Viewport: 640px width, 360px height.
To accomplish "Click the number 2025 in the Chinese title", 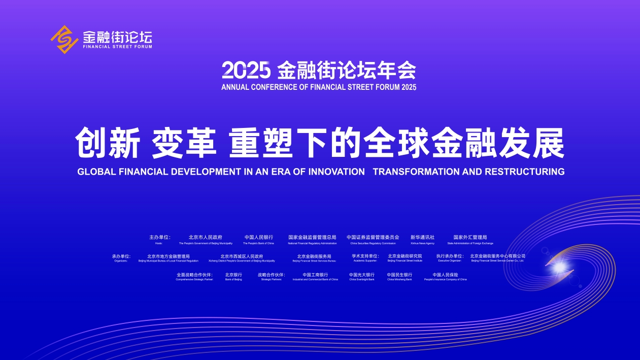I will click(x=246, y=70).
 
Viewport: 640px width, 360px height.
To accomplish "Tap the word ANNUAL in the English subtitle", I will click(x=235, y=87).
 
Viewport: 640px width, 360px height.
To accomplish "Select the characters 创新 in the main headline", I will click(x=107, y=144).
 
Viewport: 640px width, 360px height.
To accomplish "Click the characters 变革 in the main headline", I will click(x=184, y=144).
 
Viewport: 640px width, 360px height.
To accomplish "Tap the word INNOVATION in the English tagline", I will click(x=336, y=172).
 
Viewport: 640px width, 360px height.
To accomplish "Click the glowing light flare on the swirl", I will click(x=559, y=265).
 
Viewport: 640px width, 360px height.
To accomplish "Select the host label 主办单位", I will click(x=159, y=237).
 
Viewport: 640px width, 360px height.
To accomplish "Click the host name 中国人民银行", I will click(x=258, y=237).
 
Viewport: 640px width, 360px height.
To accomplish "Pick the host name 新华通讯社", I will click(x=422, y=237).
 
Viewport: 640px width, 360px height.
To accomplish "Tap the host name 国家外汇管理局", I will click(x=470, y=237).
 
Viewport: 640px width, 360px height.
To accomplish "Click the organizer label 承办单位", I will click(x=121, y=256).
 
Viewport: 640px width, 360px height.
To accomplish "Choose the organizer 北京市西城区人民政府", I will click(x=242, y=256).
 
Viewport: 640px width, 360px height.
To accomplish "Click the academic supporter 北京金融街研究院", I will click(x=405, y=256).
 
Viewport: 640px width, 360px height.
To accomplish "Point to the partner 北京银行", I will click(x=233, y=275).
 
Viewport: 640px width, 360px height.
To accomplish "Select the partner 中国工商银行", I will click(x=315, y=275).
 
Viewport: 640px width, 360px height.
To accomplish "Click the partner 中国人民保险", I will click(x=445, y=275).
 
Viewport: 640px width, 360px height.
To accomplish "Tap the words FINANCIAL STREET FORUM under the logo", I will click(x=117, y=46).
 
